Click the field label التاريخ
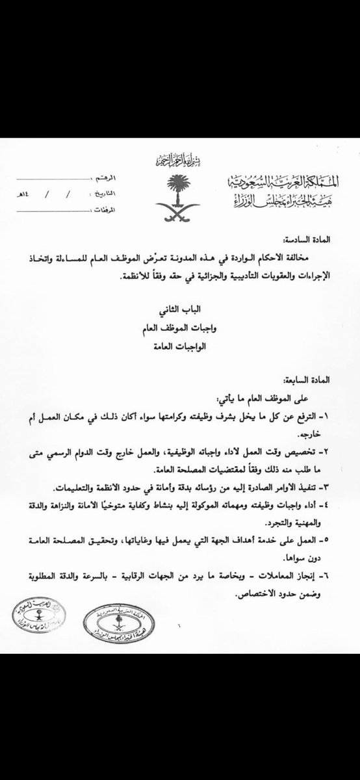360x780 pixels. click(104, 194)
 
